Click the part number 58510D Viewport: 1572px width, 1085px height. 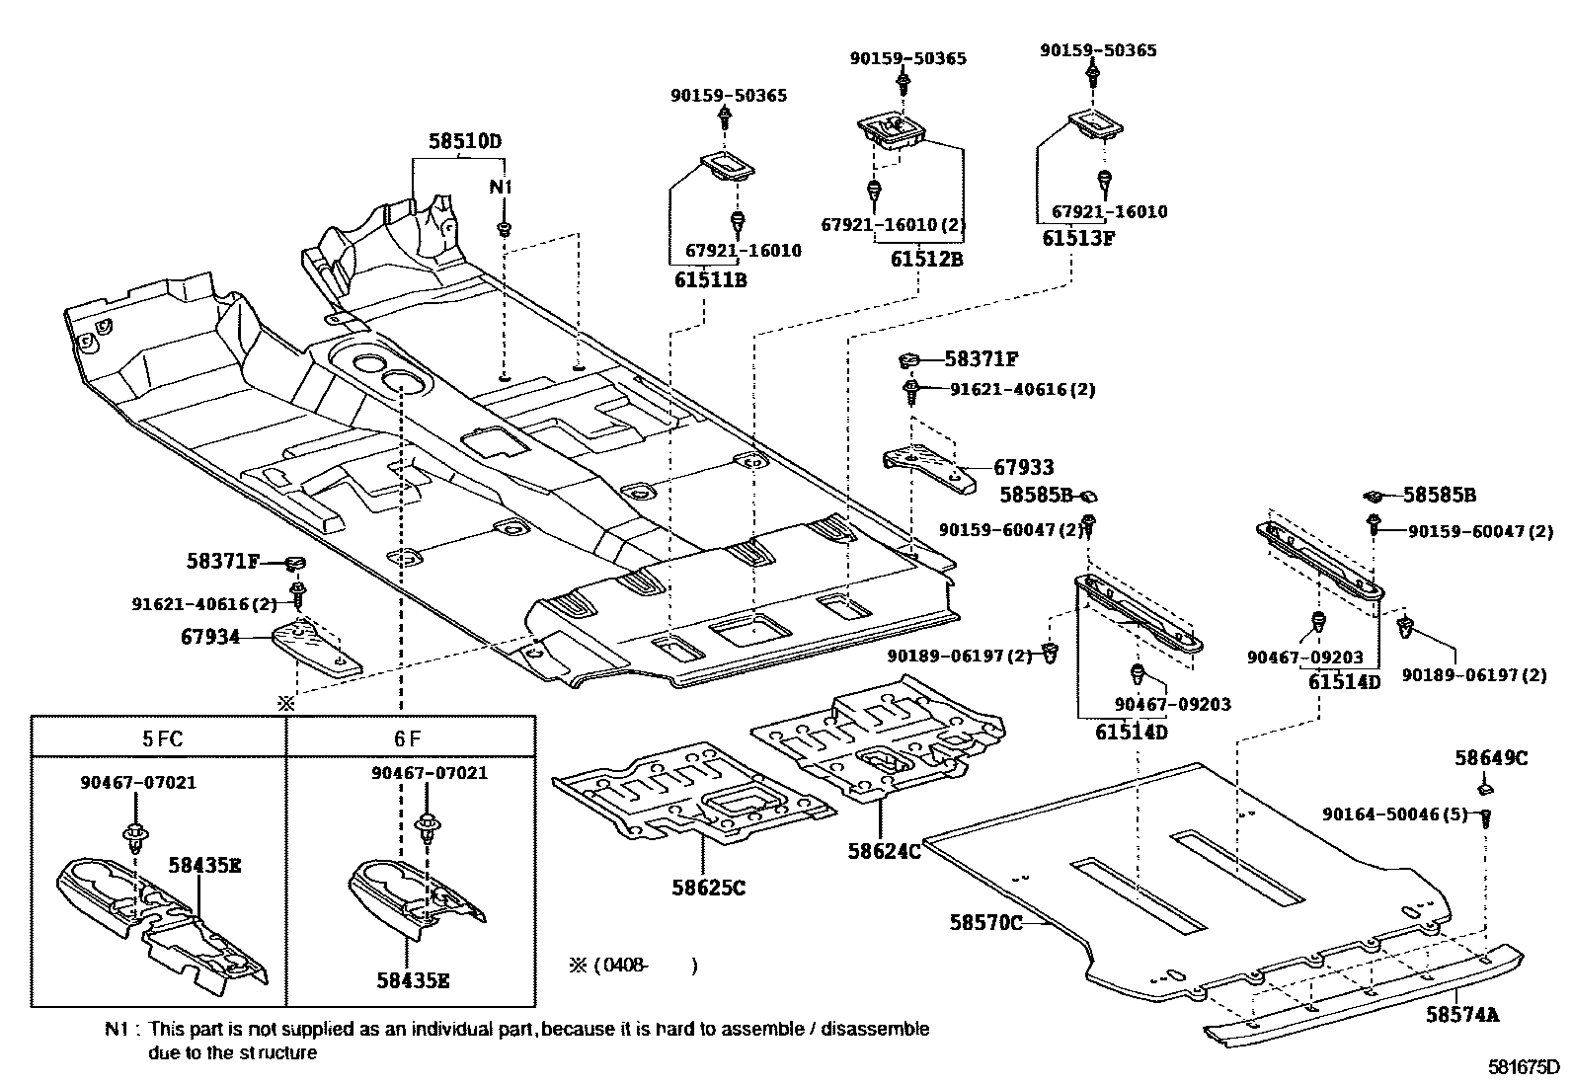pos(464,141)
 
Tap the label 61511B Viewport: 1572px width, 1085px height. pos(710,279)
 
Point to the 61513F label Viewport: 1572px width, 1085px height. pos(1078,237)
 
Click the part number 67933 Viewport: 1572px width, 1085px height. pos(1023,467)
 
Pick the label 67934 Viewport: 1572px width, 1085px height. pos(210,637)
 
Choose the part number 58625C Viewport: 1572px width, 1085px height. pos(705,888)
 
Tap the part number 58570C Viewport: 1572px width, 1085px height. pos(985,922)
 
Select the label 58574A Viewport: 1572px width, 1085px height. pos(1461,1014)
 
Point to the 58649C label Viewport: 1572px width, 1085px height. pos(1490,757)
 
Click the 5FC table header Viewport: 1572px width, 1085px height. pos(162,737)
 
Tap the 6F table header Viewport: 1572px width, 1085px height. pos(411,737)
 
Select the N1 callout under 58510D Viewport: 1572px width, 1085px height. pos(503,187)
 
